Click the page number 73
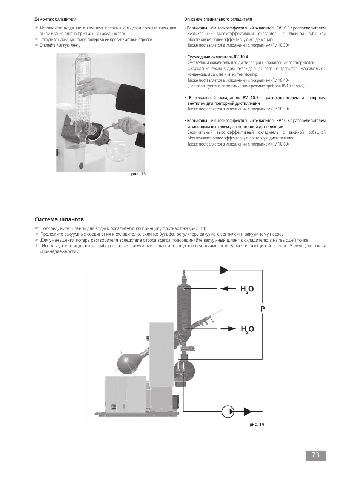pos(315,455)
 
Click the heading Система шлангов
pos(59,219)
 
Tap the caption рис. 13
pos(138,174)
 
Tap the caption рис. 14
pos(257,424)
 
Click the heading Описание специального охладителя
pos(218,19)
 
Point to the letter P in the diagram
pos(263,309)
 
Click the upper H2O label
pos(247,289)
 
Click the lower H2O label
pos(247,329)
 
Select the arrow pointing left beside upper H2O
pos(228,289)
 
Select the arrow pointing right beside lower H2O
pos(228,329)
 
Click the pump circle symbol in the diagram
pos(228,411)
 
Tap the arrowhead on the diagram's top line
pos(224,270)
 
